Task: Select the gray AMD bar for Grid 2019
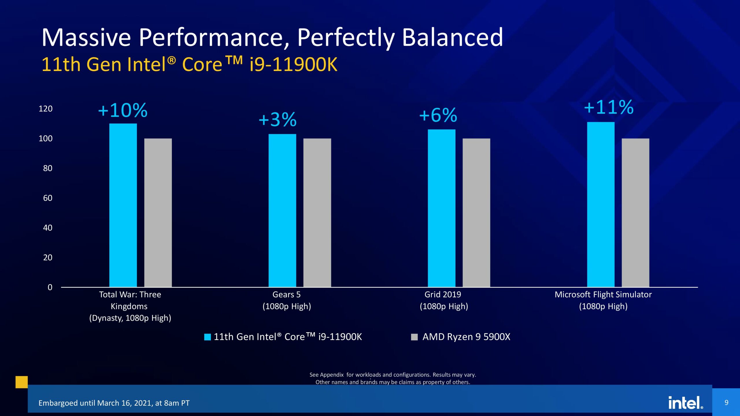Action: coord(476,213)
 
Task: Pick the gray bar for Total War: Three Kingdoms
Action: coord(158,213)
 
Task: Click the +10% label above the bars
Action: coord(123,110)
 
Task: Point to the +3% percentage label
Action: coord(277,120)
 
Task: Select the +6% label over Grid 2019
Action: coord(438,115)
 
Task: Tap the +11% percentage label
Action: coord(609,107)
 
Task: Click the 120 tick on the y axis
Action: coord(46,109)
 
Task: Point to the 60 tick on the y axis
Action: coord(48,198)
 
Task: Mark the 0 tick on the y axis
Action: coord(50,287)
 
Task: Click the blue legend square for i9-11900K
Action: coord(207,337)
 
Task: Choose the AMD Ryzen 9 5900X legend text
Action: coord(466,337)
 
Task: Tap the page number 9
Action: coord(726,402)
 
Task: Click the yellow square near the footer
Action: coord(22,382)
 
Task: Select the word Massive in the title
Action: coord(86,38)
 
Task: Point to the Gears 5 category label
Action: coord(286,295)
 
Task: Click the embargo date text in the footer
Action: coord(114,403)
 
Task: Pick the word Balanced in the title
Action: coord(452,38)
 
